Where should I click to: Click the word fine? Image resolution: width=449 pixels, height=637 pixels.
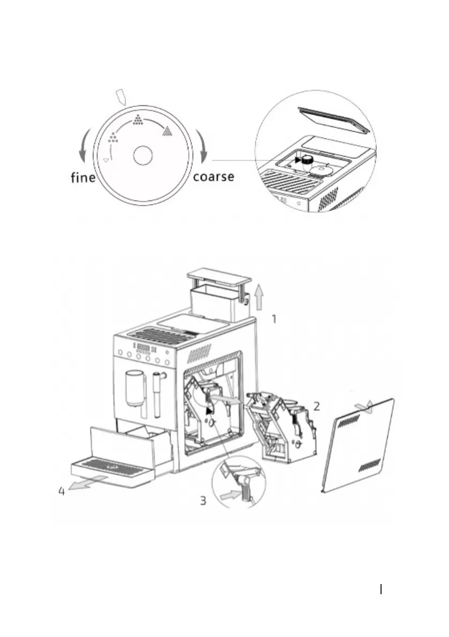pos(83,177)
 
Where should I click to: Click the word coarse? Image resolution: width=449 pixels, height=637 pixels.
pos(213,176)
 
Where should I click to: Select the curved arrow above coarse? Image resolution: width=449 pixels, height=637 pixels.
pos(203,145)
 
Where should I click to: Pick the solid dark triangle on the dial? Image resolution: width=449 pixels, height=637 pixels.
pos(168,129)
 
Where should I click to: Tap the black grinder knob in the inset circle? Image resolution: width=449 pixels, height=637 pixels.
pos(307,159)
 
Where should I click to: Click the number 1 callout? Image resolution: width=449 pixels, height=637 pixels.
pos(273,320)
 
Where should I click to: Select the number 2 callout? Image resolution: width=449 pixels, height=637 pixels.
pos(317,406)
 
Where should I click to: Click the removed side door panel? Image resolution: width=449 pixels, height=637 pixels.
pos(358,446)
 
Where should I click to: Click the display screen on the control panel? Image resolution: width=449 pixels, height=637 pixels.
pos(143,351)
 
